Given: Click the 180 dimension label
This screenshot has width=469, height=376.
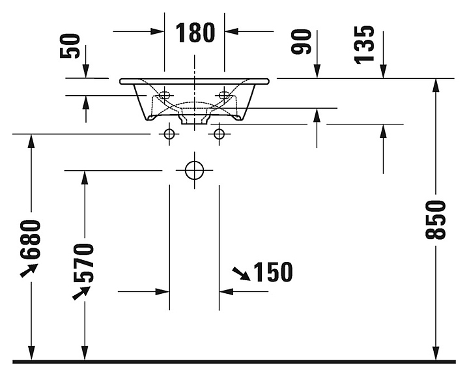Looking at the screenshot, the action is click(x=195, y=33).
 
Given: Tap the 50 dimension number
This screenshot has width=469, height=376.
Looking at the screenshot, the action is click(x=70, y=46).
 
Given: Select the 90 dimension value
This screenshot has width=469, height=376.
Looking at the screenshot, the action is click(x=302, y=42).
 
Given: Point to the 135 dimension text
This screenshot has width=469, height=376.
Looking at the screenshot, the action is click(x=364, y=45).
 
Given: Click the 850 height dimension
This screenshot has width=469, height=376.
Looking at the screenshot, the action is click(x=435, y=220).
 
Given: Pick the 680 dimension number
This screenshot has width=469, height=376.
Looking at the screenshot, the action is click(x=30, y=239).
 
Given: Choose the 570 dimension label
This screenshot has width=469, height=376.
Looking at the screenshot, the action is click(x=83, y=263).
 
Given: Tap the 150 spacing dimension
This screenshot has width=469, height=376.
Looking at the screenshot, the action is click(x=273, y=272).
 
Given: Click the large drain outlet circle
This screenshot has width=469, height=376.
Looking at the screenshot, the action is click(x=194, y=171).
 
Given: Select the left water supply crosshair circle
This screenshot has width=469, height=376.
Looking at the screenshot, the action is click(x=169, y=134).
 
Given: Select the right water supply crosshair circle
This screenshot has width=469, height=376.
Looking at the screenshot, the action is click(x=220, y=134).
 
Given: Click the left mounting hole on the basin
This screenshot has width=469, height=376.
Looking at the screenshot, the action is click(x=164, y=95).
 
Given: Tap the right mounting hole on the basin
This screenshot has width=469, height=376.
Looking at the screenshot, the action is click(x=224, y=95).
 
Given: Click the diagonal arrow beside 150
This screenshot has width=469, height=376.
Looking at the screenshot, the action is click(x=241, y=274).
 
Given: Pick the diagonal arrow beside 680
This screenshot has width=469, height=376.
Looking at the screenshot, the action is click(x=29, y=270).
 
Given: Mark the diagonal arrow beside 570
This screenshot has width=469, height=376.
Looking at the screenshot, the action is click(x=81, y=293).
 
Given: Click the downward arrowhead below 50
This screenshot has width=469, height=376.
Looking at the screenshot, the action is click(x=86, y=71).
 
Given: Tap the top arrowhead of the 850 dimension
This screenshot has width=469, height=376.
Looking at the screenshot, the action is click(x=436, y=85).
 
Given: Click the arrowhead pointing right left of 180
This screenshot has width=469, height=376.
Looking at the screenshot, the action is click(x=158, y=31).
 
